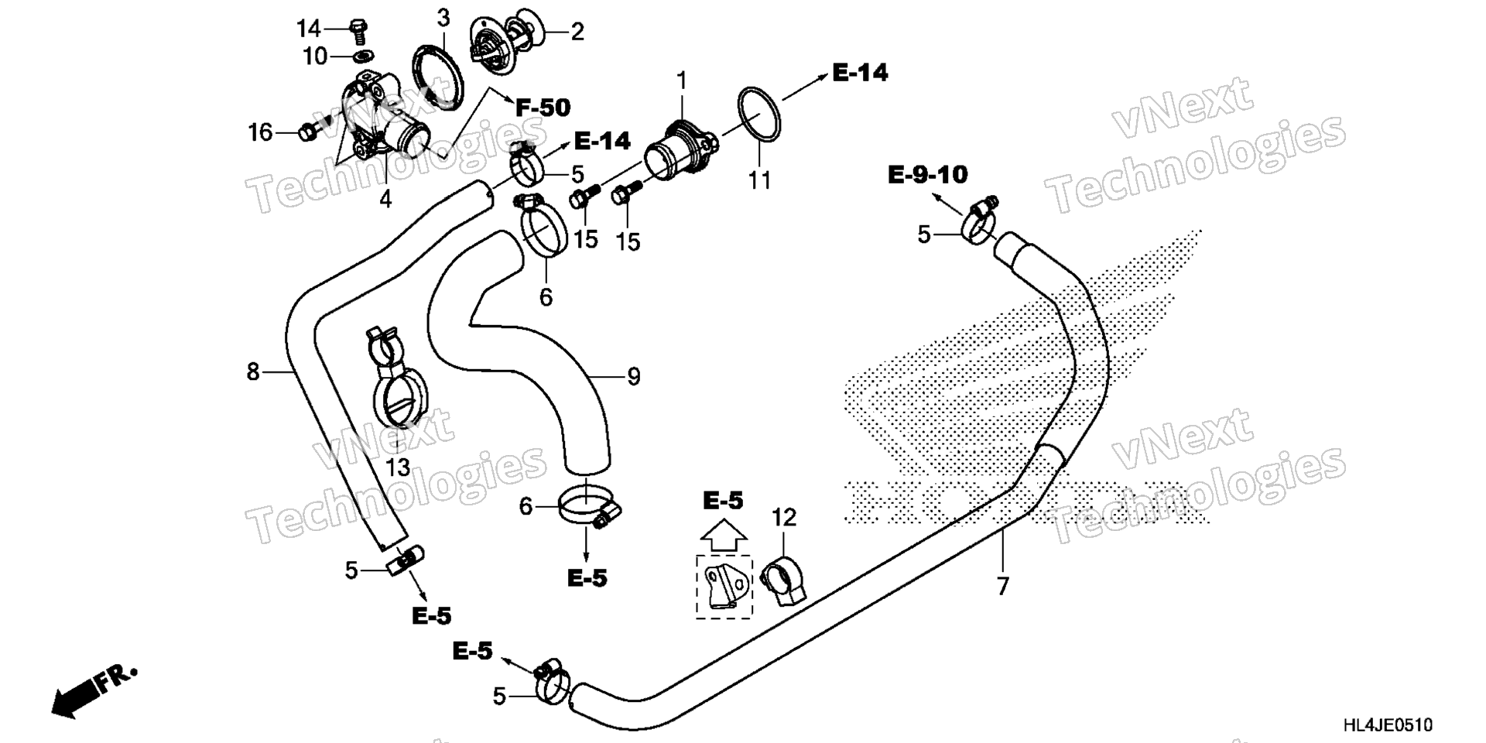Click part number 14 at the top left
(x=308, y=29)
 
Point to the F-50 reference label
(x=543, y=108)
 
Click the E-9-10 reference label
(x=927, y=175)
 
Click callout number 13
(x=398, y=467)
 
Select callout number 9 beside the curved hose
(x=634, y=377)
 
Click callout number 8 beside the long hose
(x=253, y=372)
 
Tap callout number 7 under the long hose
(x=1003, y=587)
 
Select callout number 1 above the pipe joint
(x=682, y=80)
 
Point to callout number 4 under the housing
(x=385, y=199)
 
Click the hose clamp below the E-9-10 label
(x=979, y=220)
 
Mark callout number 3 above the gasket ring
(x=443, y=18)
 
